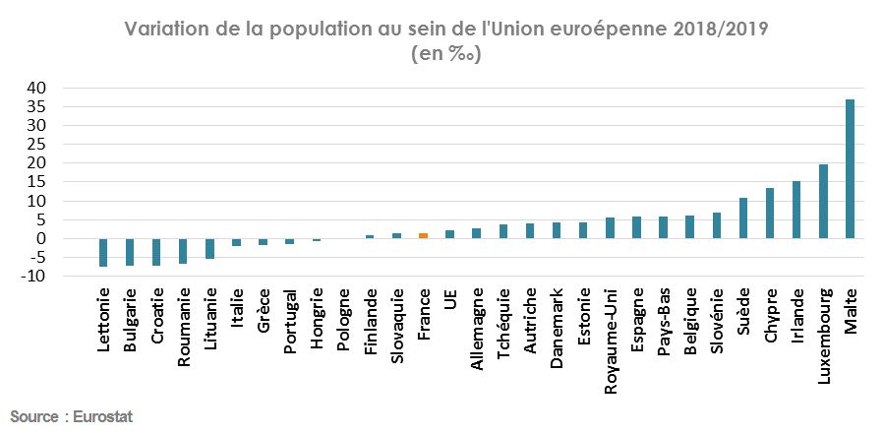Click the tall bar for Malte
click(x=850, y=168)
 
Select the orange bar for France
click(x=423, y=236)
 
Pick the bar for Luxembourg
click(x=823, y=202)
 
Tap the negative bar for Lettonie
click(x=102, y=252)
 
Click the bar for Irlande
click(x=796, y=210)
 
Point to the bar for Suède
click(x=743, y=218)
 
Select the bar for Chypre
click(x=770, y=214)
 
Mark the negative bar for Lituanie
click(x=209, y=248)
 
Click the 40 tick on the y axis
click(x=36, y=88)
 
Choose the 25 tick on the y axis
click(x=36, y=145)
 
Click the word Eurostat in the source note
click(x=103, y=417)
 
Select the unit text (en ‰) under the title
click(x=444, y=54)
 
